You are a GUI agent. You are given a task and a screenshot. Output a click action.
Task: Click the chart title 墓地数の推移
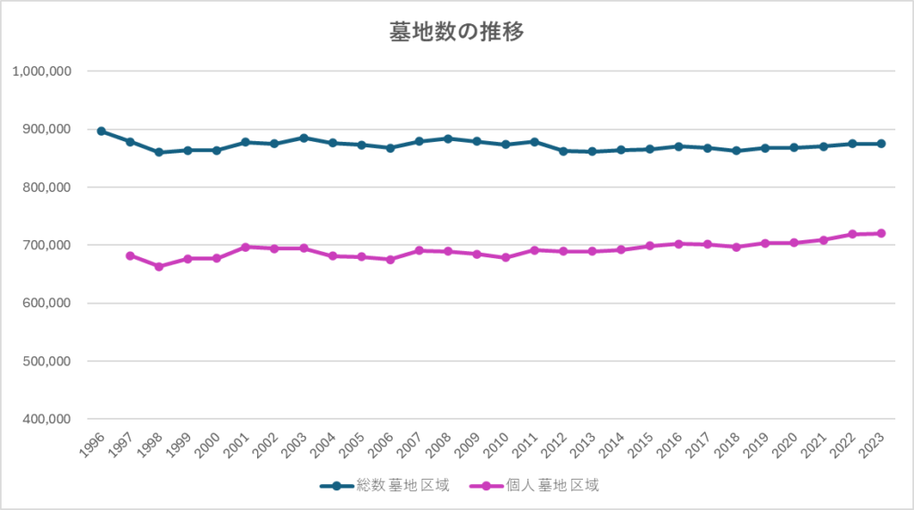(456, 32)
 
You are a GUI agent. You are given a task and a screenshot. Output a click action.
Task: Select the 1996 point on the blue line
(101, 131)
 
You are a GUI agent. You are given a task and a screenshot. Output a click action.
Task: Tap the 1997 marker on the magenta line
(130, 255)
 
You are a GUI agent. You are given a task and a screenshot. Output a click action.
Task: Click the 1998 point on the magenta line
(159, 266)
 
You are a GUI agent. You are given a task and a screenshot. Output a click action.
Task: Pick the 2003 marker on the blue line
(303, 138)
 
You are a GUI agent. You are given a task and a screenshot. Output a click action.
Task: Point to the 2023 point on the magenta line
(881, 233)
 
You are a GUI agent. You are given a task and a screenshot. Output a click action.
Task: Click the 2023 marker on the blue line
(881, 144)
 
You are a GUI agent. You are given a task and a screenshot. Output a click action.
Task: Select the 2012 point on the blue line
(563, 151)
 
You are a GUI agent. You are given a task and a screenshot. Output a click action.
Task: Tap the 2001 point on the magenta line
(245, 247)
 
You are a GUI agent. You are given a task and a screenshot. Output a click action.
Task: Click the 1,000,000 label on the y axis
(43, 71)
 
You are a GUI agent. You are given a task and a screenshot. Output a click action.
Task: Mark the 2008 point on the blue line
(448, 138)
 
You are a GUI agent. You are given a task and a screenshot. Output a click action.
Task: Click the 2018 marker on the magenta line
(736, 247)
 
